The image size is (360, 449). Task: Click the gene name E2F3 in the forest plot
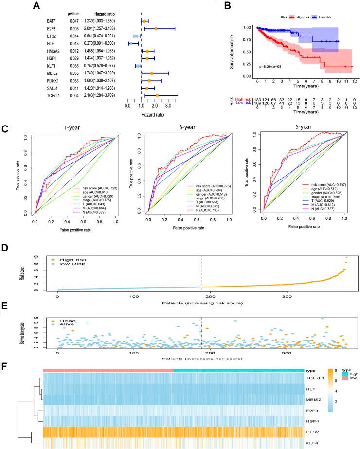point(47,29)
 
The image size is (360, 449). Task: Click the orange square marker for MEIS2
point(152,73)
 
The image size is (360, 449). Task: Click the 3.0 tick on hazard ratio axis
point(168,105)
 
